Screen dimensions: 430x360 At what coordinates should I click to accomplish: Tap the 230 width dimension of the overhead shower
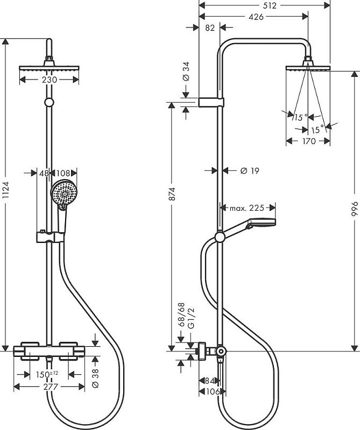pos(49,80)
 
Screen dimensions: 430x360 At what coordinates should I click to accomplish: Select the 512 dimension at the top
pos(270,6)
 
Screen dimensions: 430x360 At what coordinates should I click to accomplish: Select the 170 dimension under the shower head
pos(308,142)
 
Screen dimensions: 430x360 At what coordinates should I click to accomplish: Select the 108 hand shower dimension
pos(64,173)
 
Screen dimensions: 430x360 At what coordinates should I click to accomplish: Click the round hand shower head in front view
pos(63,192)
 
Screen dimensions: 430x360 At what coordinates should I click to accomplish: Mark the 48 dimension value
pos(44,173)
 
